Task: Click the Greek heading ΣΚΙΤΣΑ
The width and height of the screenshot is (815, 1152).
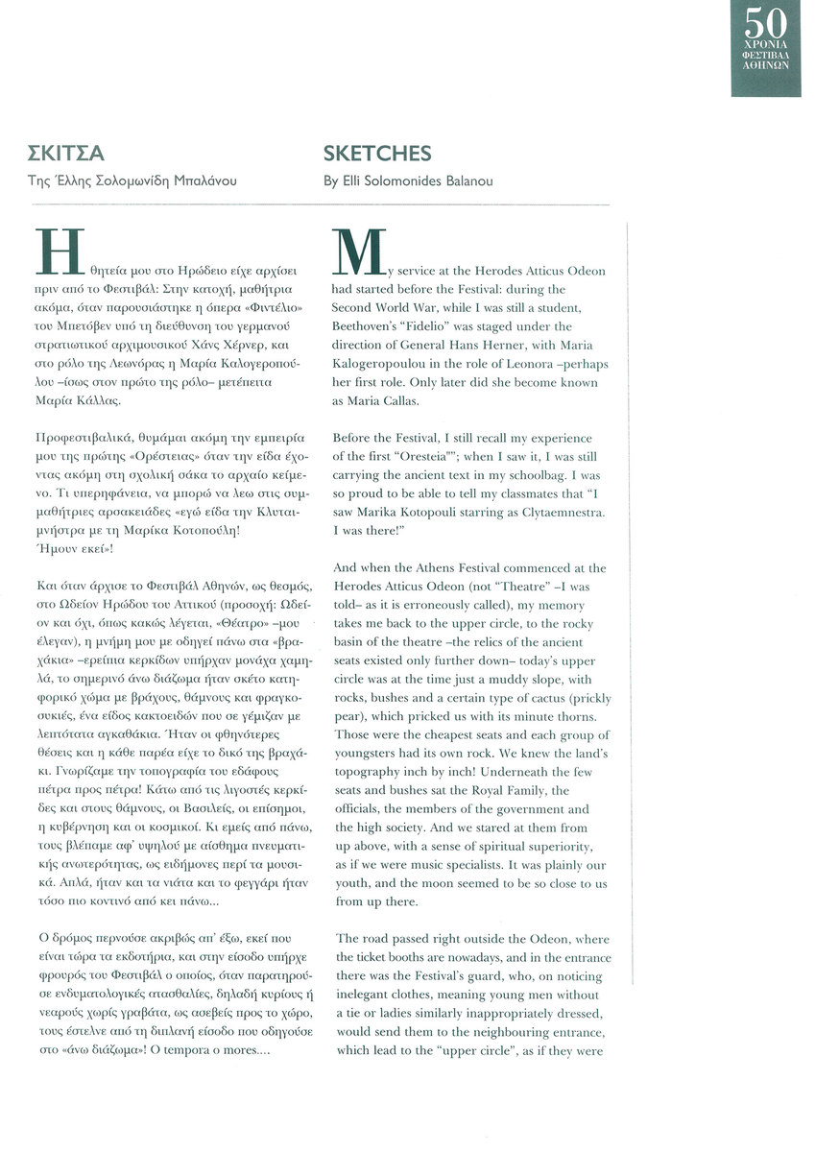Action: click(x=66, y=154)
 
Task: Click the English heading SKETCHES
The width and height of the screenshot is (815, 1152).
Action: click(x=377, y=154)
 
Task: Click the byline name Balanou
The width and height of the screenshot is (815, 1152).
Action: click(x=467, y=180)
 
